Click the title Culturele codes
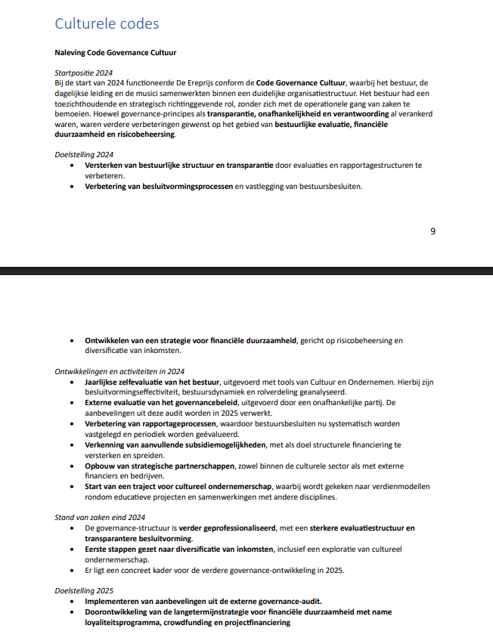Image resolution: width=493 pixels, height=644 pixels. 107,23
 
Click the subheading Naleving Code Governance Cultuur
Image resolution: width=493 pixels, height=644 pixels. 116,53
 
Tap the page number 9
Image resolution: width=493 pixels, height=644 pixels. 433,231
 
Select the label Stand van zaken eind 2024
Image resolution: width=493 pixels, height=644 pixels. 100,518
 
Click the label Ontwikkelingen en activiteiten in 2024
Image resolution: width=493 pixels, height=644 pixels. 119,372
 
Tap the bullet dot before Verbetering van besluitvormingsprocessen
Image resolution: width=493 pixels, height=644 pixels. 73,186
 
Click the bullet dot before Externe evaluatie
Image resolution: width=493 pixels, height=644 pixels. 73,403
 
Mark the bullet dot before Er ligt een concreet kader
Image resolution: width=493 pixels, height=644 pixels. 73,570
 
